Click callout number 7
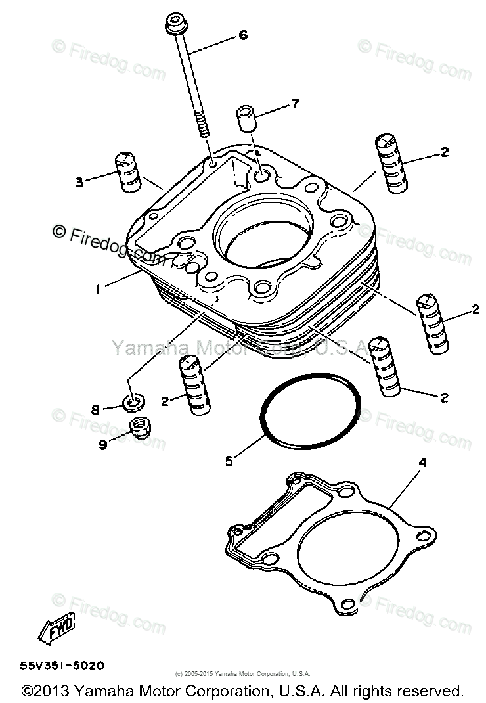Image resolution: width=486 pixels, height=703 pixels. click(x=295, y=102)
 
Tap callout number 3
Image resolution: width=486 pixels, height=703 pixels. click(x=79, y=182)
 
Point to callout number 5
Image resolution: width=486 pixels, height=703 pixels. click(x=229, y=461)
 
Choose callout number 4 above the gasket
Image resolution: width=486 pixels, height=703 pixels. click(x=422, y=463)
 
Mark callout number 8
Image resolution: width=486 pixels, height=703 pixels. click(x=95, y=410)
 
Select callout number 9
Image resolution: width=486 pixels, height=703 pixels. click(x=102, y=445)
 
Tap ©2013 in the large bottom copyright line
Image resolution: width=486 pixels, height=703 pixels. click(x=45, y=691)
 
